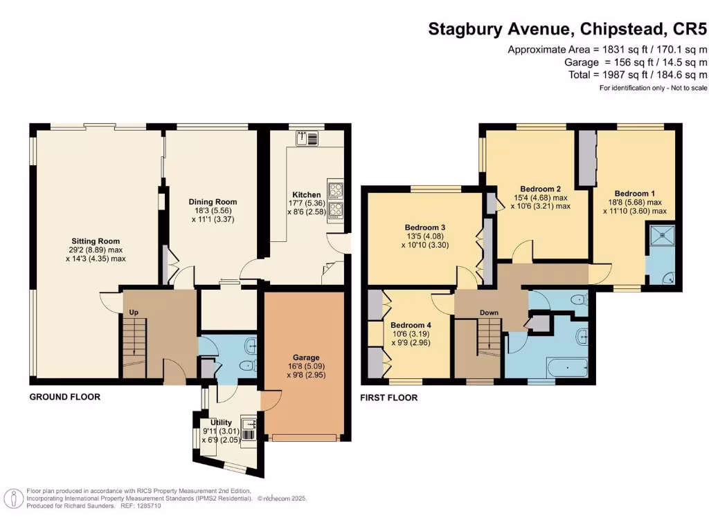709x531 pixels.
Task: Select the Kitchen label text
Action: coord(306,195)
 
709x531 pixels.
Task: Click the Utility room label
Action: coord(222,422)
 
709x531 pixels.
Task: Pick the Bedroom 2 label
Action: coord(540,188)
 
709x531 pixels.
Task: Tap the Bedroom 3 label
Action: coord(424,227)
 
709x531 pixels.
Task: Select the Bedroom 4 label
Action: coord(411,325)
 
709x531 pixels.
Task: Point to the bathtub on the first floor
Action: coord(566,368)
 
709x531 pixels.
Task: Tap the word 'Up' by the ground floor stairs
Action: coord(134,313)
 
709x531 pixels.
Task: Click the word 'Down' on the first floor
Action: coord(489,313)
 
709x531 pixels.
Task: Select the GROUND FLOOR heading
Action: coord(64,397)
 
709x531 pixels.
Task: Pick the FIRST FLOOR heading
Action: coord(389,398)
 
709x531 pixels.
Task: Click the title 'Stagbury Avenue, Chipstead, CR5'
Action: coord(567,29)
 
